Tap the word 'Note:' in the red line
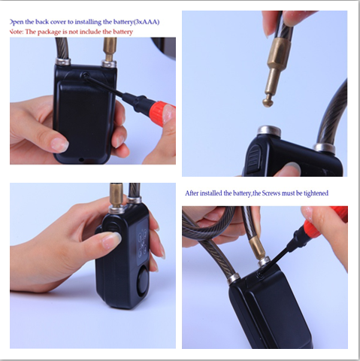pos(17,32)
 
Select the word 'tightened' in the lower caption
pos(316,193)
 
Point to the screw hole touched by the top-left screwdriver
pos(86,74)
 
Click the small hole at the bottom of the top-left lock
pos(81,159)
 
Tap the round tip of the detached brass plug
pos(268,102)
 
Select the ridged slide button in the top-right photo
pos(255,157)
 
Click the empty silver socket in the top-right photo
pos(270,130)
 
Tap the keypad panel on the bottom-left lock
pos(143,241)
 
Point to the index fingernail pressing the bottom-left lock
pos(112,240)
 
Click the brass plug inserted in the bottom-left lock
pos(116,195)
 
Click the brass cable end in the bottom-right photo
pos(258,247)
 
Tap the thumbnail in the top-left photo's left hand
pos(59,145)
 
